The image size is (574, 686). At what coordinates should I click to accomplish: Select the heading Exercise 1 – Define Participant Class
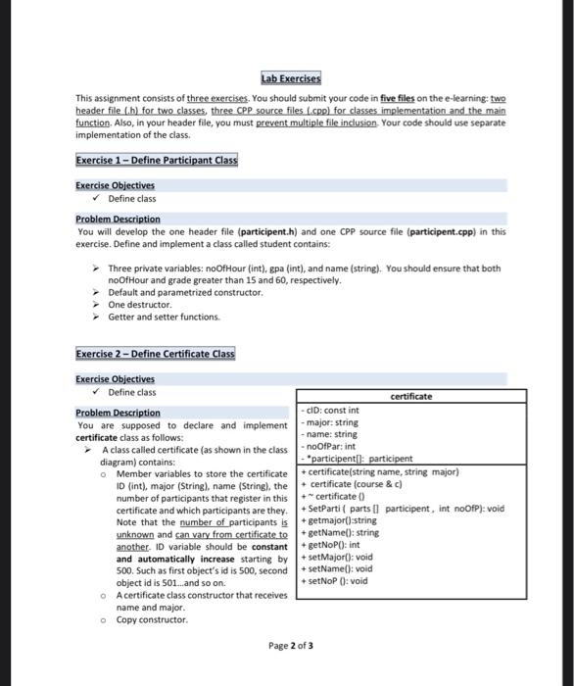[x=156, y=160]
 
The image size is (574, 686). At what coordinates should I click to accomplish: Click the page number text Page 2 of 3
[x=291, y=646]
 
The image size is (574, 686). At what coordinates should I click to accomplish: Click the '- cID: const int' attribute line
[x=333, y=411]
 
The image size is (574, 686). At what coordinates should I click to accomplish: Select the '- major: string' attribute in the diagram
[x=333, y=422]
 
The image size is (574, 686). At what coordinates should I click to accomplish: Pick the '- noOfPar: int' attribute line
[x=333, y=446]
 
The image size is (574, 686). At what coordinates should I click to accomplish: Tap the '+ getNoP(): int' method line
[x=333, y=544]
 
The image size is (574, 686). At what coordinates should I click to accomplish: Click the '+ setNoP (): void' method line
[x=337, y=580]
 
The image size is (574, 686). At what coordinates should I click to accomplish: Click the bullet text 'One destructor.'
[x=140, y=305]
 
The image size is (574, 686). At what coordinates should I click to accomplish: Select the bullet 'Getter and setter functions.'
[x=165, y=317]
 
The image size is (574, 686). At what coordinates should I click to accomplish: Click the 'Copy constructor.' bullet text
[x=152, y=619]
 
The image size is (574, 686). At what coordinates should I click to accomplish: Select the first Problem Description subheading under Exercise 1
[x=118, y=220]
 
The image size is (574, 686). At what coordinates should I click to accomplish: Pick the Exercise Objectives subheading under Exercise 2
[x=115, y=379]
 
